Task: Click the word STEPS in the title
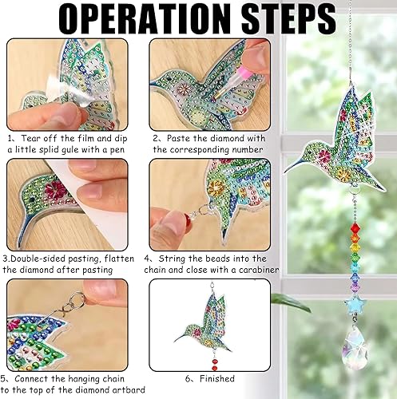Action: tap(288, 18)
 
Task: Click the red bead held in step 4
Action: tap(189, 219)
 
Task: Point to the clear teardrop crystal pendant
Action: tap(355, 347)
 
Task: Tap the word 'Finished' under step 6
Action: tap(216, 378)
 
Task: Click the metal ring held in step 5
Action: tap(77, 298)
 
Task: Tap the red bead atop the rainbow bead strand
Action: tap(355, 227)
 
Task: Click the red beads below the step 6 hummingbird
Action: tap(215, 364)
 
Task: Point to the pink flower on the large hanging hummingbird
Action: tap(324, 156)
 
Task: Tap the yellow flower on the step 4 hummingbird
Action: tap(216, 188)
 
